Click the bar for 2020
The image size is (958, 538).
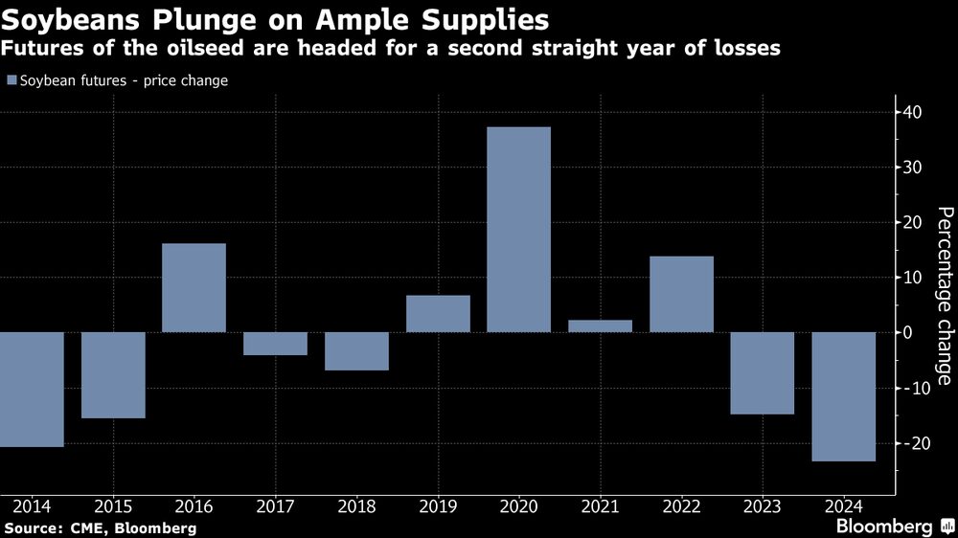[518, 230]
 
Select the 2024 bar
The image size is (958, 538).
[844, 396]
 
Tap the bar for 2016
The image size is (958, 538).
[194, 288]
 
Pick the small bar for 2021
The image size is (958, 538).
[600, 326]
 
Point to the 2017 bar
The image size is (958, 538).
[275, 344]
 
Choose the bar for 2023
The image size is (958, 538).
[763, 373]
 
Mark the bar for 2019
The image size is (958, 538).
[438, 314]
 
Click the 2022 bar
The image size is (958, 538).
[681, 294]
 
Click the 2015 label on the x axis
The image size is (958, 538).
[113, 504]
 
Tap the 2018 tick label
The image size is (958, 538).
[356, 504]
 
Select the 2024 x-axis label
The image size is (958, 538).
[844, 504]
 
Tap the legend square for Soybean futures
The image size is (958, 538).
[11, 81]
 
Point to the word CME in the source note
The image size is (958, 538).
[81, 527]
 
